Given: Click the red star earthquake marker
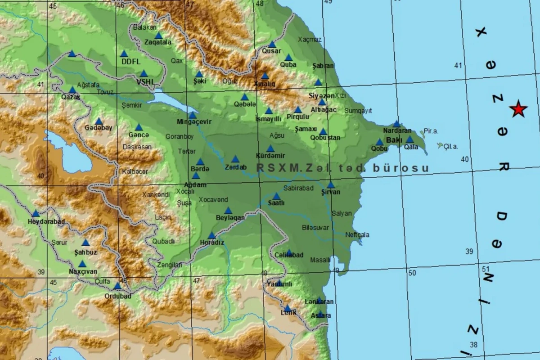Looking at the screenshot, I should [518, 109].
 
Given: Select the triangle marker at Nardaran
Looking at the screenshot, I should [396, 124].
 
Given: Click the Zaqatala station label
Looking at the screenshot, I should [158, 42].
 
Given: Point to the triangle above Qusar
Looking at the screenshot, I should [272, 44].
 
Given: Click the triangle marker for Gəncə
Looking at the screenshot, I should [139, 127].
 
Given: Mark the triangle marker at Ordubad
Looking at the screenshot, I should [117, 286].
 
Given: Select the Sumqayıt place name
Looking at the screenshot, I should [358, 110].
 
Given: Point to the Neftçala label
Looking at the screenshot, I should [357, 234].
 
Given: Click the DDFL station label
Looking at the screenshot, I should [131, 62].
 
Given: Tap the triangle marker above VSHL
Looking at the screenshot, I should [144, 73].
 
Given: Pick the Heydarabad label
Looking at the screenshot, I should [46, 222].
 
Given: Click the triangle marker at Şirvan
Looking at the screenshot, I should [331, 184].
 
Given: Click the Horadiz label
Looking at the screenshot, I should [212, 243].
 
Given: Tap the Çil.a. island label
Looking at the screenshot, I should [450, 146].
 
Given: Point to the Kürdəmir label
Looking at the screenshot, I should [270, 156].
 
